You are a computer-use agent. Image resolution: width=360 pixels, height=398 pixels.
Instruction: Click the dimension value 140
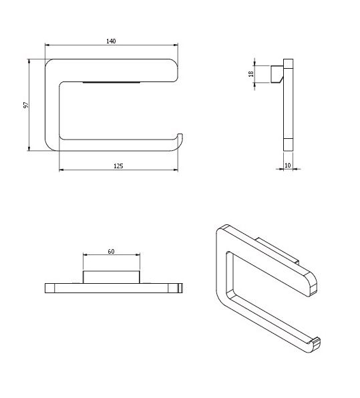click(x=111, y=41)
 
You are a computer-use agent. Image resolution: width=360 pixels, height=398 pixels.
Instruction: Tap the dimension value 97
click(x=26, y=105)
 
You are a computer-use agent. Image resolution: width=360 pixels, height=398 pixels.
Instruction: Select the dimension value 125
click(x=118, y=166)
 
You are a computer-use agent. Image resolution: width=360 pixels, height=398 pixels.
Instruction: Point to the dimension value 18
click(x=251, y=74)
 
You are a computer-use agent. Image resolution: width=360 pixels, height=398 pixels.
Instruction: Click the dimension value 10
click(x=287, y=166)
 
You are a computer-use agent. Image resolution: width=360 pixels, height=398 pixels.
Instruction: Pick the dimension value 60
click(x=111, y=252)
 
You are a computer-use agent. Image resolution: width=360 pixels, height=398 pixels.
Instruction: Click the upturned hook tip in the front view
click(x=180, y=135)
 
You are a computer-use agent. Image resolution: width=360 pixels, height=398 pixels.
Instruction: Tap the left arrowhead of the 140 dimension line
click(x=47, y=45)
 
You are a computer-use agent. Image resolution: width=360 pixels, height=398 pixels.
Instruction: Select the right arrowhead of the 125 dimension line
click(x=176, y=170)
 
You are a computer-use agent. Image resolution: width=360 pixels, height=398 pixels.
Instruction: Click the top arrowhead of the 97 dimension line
click(x=29, y=61)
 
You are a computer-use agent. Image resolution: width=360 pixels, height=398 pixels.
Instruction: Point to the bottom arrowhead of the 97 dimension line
click(x=29, y=149)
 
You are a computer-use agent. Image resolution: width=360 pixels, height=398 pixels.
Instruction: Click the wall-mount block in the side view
click(x=277, y=74)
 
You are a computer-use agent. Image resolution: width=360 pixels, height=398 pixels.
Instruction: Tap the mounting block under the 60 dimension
click(x=111, y=277)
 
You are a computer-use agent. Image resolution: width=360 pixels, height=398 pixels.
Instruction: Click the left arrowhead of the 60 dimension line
click(x=85, y=254)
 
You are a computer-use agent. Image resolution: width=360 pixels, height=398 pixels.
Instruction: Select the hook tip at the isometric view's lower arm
click(x=317, y=343)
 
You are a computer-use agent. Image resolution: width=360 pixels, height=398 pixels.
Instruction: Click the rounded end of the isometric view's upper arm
click(x=313, y=284)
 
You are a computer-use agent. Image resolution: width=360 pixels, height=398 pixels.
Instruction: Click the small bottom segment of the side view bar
click(x=288, y=145)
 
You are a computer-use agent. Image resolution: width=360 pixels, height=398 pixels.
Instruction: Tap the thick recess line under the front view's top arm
click(x=112, y=83)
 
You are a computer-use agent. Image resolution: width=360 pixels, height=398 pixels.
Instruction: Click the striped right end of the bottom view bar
click(x=180, y=288)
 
